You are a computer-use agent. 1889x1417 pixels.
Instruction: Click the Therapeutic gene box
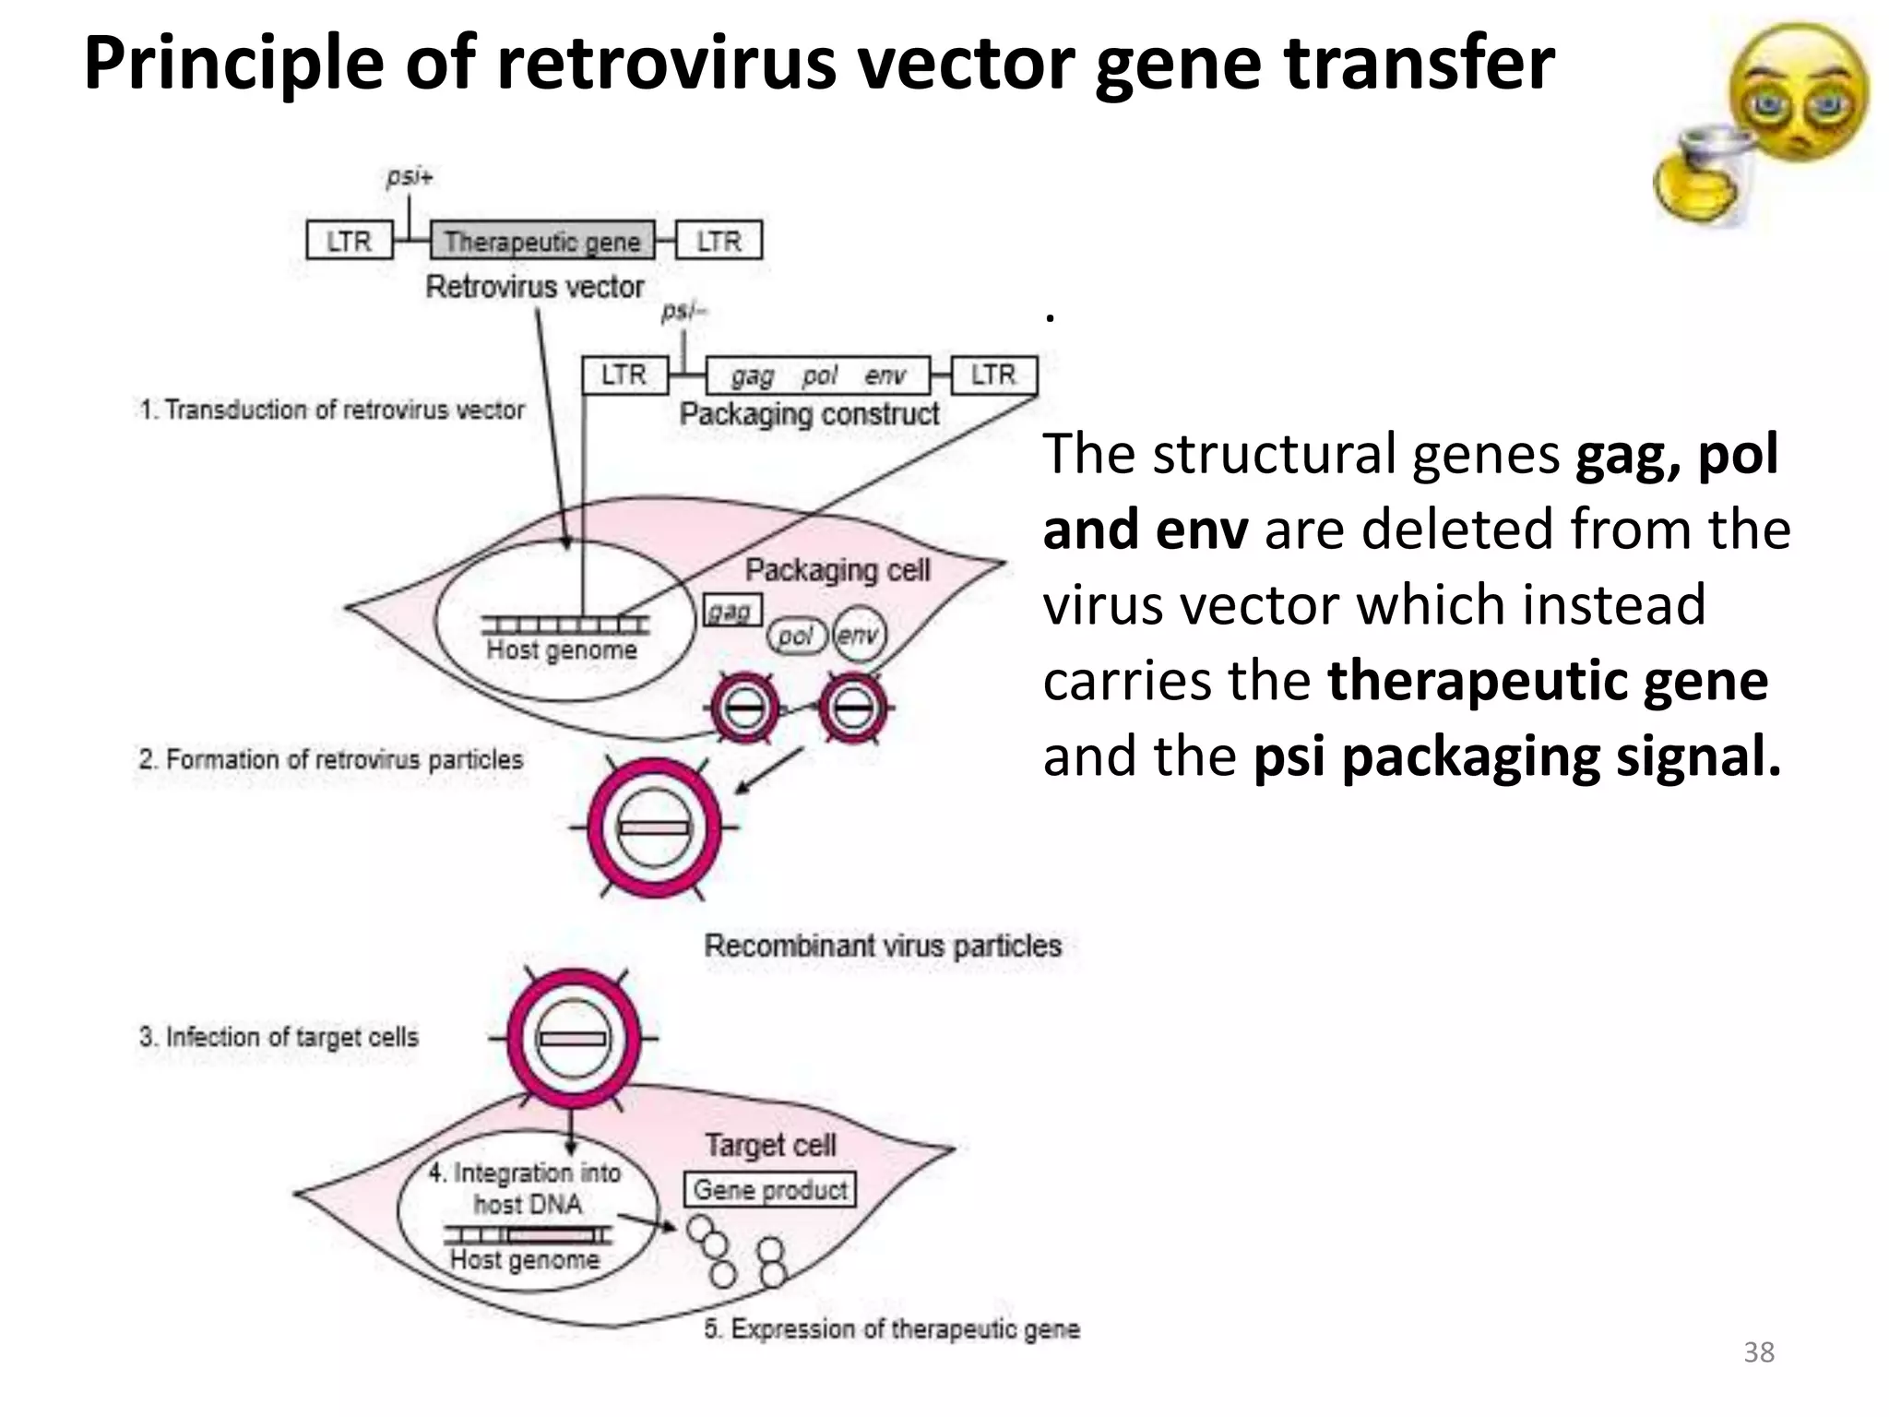click(x=542, y=241)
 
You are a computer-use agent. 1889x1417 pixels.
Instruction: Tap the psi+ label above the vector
click(x=409, y=176)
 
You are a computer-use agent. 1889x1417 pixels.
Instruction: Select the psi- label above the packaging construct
click(x=683, y=312)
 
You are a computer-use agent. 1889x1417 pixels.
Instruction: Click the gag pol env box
click(x=818, y=375)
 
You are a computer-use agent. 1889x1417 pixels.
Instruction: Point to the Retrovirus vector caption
click(x=534, y=287)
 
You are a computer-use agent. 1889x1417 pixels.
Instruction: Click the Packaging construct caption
click(x=809, y=414)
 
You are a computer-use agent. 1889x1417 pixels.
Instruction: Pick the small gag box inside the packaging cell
click(x=732, y=611)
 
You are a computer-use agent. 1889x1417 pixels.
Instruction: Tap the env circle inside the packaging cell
click(x=859, y=635)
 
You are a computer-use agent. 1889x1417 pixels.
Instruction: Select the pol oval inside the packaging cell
click(x=795, y=636)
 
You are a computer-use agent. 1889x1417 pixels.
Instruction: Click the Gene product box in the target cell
click(x=770, y=1189)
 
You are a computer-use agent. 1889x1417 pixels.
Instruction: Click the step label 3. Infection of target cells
click(x=279, y=1037)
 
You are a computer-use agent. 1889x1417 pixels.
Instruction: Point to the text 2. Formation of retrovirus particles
click(x=330, y=759)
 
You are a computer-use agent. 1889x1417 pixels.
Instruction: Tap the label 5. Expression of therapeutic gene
click(x=891, y=1329)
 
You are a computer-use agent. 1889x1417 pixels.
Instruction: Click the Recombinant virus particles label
click(x=883, y=946)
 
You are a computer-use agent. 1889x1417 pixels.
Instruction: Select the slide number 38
click(x=1758, y=1352)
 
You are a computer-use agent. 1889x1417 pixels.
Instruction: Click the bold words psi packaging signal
click(x=1517, y=756)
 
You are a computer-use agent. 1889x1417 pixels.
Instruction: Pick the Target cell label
click(x=770, y=1145)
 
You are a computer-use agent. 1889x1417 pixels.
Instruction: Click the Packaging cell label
click(x=838, y=570)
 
